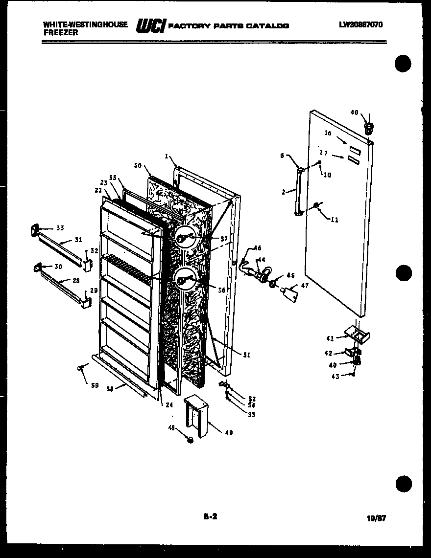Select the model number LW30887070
[x=360, y=24]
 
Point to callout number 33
[x=60, y=227]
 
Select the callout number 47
[x=305, y=285]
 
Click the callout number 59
[x=95, y=385]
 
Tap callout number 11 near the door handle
[x=335, y=220]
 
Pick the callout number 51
[x=246, y=355]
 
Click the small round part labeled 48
[x=191, y=440]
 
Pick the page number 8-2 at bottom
[x=210, y=515]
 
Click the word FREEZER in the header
[x=60, y=32]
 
